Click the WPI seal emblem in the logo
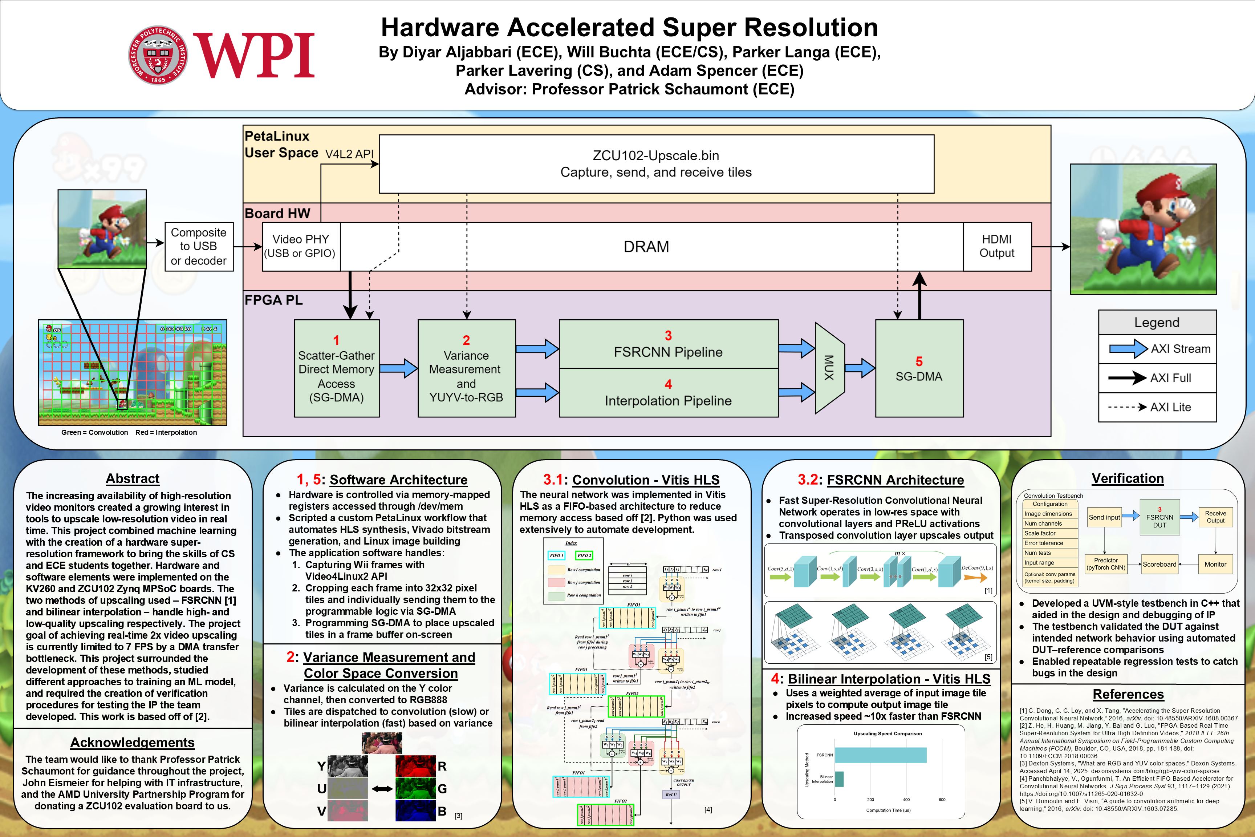(158, 56)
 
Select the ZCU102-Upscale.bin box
(656, 164)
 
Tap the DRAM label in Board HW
(646, 247)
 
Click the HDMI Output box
(997, 247)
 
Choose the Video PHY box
(301, 247)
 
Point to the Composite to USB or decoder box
(199, 247)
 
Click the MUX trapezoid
(829, 368)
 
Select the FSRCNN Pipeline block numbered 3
(668, 344)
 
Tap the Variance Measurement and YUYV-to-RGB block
(466, 368)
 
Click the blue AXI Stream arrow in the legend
(1128, 349)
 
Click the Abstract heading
(132, 478)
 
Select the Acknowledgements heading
(132, 743)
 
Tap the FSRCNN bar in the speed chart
(880, 755)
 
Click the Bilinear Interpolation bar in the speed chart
(839, 779)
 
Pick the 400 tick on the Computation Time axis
(906, 800)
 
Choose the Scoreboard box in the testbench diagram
(1159, 564)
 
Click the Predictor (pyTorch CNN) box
(1106, 564)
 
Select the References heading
(1128, 694)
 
